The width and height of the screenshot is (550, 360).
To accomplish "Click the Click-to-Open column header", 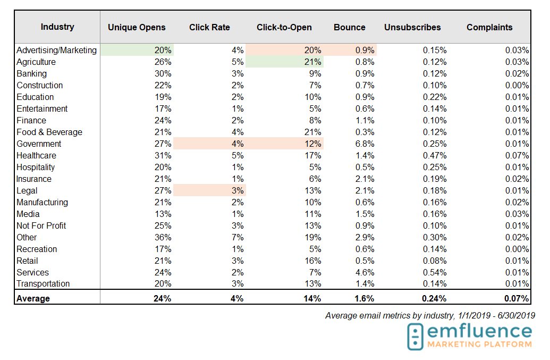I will [x=284, y=27].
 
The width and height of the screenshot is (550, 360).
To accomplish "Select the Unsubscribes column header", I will [x=412, y=27].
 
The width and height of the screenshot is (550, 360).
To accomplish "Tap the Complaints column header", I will [x=489, y=27].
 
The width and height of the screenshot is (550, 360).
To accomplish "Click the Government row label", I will [x=39, y=144].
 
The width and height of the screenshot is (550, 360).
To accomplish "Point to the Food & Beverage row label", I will [x=49, y=132].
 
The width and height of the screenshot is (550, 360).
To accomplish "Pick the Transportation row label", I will [x=43, y=284].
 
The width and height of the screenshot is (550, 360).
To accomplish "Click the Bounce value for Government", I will [x=365, y=144].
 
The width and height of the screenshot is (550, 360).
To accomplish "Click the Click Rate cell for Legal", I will [x=238, y=191].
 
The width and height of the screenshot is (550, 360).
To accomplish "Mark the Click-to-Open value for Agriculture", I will [x=313, y=62].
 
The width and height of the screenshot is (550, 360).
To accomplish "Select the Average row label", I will [x=33, y=299].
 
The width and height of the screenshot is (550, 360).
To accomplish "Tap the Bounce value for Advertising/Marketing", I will [x=365, y=51].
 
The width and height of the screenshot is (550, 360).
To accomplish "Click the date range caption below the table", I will [x=430, y=316].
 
